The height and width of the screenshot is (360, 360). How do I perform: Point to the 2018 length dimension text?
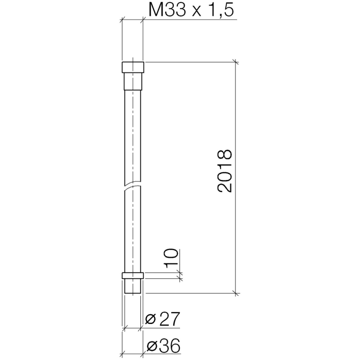pos(224,171)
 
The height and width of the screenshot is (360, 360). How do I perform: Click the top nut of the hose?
pos(133,67)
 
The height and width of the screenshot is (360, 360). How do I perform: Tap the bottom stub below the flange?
pos(133,286)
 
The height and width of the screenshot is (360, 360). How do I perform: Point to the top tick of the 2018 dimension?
pos(236,62)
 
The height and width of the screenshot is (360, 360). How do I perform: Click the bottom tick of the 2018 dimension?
pos(236,294)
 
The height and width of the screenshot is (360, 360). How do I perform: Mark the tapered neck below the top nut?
pos(133,81)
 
